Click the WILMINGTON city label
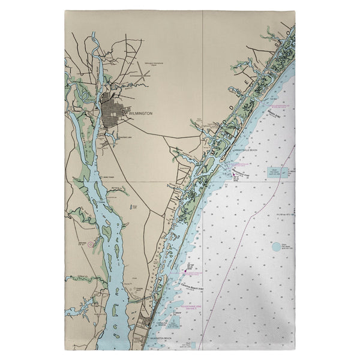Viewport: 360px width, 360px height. pyautogui.click(x=140, y=113)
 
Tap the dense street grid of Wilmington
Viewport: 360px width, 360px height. pyautogui.click(x=113, y=111)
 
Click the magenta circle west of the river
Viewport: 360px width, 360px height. pyautogui.click(x=91, y=244)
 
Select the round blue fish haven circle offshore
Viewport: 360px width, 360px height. pyautogui.click(x=276, y=246)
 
